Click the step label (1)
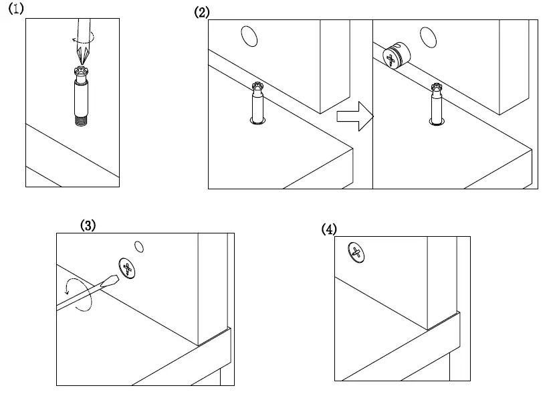pos(15,9)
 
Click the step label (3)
pos(88,225)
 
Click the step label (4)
pos(328,229)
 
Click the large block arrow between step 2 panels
pos(354,116)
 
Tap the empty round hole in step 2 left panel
pos(249,36)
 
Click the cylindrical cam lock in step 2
pos(395,57)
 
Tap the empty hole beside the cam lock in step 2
pos(427,37)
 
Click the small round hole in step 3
pos(140,245)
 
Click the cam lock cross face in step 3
pos(126,268)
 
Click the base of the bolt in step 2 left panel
pos(257,120)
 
